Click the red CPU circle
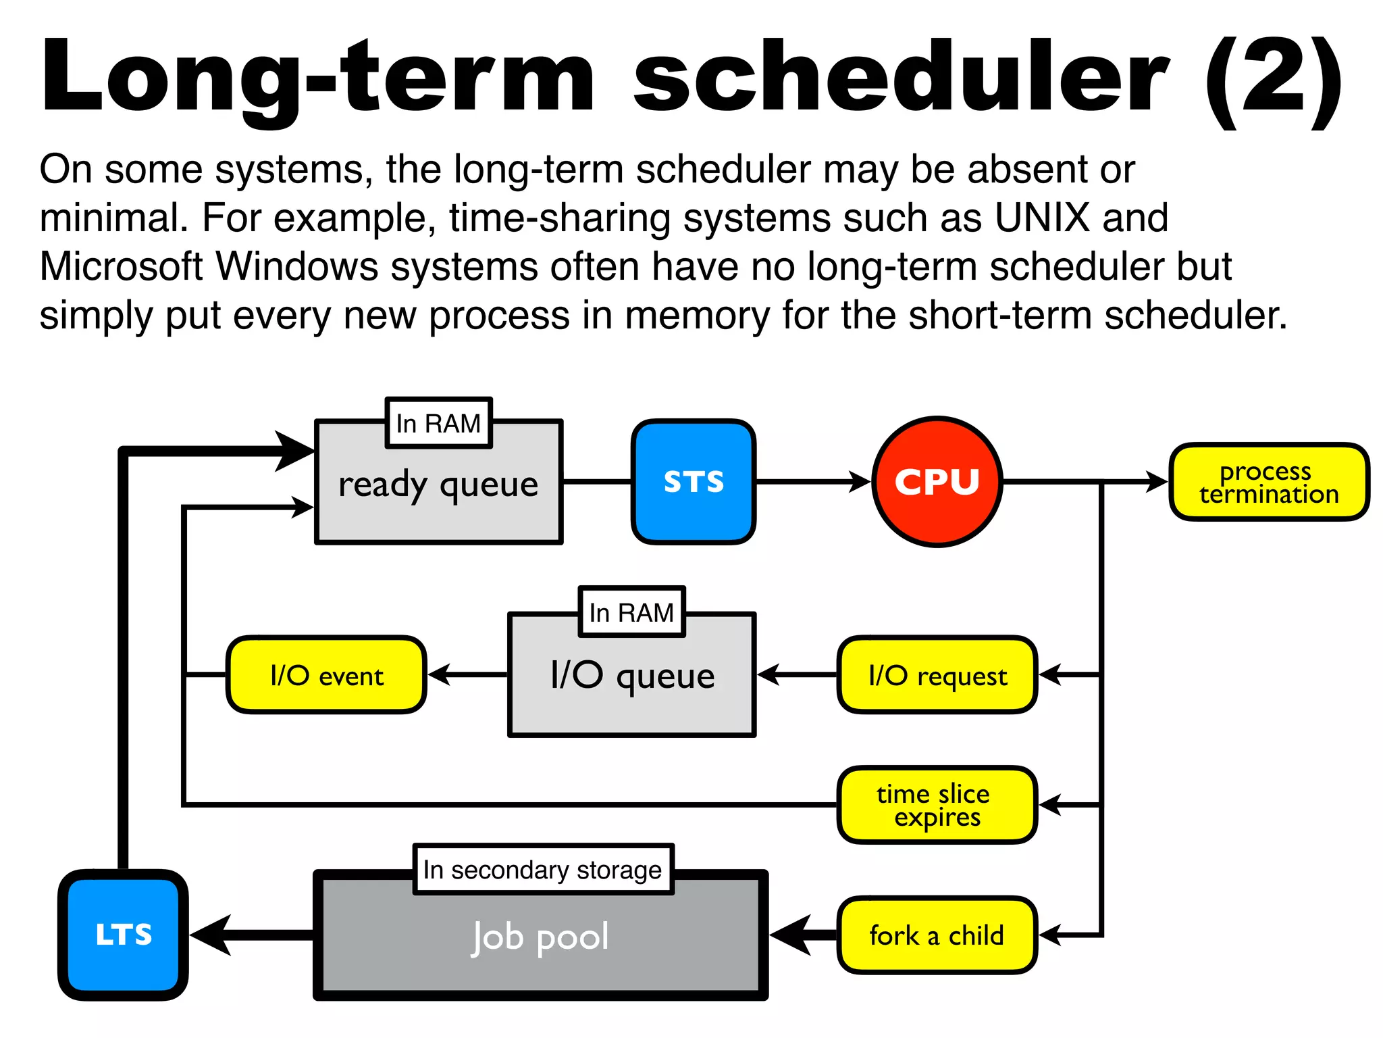(x=937, y=482)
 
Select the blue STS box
(x=694, y=482)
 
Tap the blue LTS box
(x=124, y=935)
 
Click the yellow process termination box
(x=1269, y=482)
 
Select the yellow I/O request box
(x=937, y=675)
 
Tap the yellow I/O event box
(x=327, y=675)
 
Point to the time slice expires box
(x=937, y=805)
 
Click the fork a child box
(x=937, y=935)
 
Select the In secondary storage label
(x=543, y=870)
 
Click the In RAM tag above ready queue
(x=438, y=424)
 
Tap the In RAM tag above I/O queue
(x=631, y=612)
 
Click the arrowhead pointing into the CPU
(x=860, y=482)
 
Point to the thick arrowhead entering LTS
(x=211, y=935)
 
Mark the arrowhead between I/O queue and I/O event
(x=440, y=674)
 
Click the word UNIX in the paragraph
(x=1042, y=218)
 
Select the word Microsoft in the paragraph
(x=121, y=267)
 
